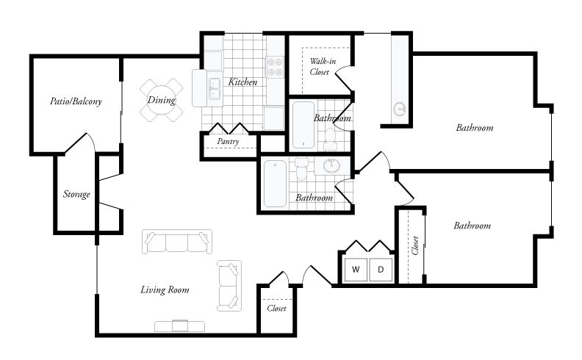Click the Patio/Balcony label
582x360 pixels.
pos(76,101)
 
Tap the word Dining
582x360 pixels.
pos(161,100)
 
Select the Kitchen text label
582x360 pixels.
pos(242,82)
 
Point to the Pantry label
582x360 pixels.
pos(228,141)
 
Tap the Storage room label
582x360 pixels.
pos(76,195)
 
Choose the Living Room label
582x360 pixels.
pos(165,289)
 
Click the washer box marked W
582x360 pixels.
pos(356,270)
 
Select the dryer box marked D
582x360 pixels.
pos(381,270)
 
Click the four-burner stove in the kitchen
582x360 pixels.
pos(275,68)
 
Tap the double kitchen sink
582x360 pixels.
pos(214,88)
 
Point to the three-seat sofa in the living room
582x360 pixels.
pos(178,242)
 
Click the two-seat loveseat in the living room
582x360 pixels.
pos(229,284)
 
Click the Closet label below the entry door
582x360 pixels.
pos(276,309)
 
